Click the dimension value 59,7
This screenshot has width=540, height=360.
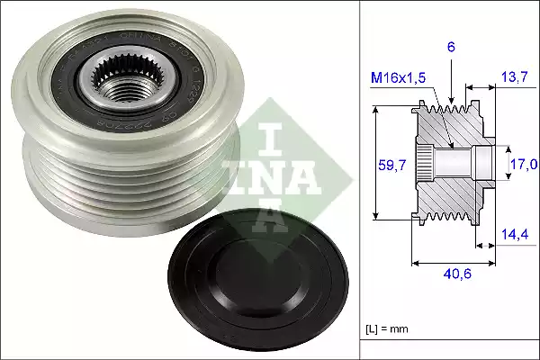[x=387, y=164]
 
